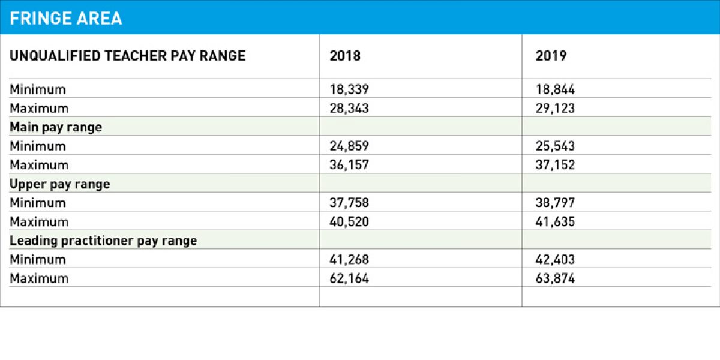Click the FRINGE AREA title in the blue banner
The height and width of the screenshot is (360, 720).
66,18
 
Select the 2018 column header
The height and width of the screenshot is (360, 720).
346,56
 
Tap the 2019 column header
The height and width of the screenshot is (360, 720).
551,56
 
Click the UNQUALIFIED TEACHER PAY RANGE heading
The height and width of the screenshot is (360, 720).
127,56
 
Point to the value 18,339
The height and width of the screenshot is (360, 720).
349,89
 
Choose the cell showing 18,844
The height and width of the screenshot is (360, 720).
556,89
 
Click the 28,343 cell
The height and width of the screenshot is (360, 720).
349,109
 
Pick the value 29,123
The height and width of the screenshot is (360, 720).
556,109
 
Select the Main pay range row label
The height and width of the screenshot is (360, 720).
56,127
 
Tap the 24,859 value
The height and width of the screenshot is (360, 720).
349,146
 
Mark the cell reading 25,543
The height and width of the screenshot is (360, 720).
556,146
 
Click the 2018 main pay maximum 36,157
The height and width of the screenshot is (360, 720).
349,165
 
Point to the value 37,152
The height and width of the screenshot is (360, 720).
556,165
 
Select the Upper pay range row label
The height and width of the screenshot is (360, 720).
60,184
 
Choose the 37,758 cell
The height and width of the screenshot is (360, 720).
349,203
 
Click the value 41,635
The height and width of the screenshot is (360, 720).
556,222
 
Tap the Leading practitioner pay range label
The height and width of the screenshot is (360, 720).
103,241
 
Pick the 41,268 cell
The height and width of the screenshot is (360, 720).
349,260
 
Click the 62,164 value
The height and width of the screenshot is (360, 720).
349,278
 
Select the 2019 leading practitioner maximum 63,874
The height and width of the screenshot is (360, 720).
556,278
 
